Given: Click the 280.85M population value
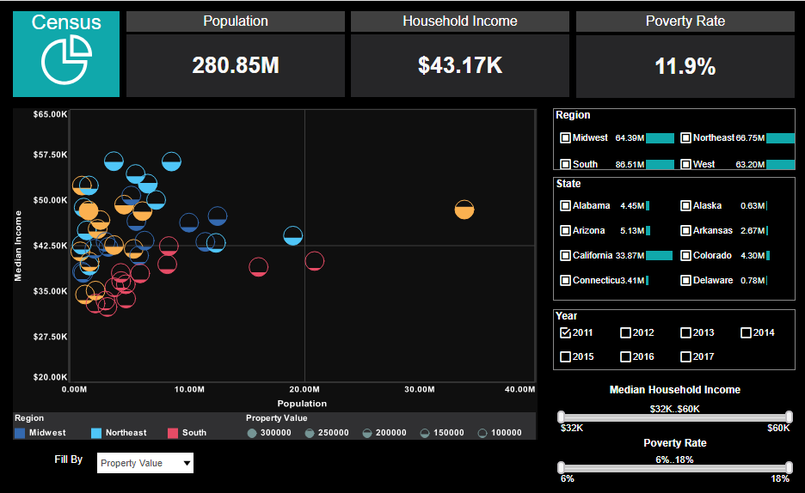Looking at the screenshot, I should point(236,65).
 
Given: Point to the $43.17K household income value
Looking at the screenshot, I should point(459,65).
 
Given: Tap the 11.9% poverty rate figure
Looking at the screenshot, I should point(685,66).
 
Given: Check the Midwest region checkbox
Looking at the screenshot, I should point(565,137).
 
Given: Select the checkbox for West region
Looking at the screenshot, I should point(685,164).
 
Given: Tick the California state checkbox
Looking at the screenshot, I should point(565,255).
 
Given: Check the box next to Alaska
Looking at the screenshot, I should point(685,205).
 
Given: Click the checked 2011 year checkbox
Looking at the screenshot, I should point(565,332).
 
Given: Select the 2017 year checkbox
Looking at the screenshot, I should point(685,356).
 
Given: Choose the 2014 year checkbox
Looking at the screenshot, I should point(746,332).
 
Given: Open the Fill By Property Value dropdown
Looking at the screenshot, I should point(145,463).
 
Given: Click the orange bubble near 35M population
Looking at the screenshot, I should point(464,210).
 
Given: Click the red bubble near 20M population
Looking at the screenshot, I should point(315,261).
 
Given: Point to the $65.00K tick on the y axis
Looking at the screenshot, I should point(50,114).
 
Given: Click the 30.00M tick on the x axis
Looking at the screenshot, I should point(419,390).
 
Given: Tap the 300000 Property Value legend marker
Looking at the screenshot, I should point(252,433).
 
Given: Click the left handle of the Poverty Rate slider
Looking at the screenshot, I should point(562,467).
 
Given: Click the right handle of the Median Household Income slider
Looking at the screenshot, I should point(789,417).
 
